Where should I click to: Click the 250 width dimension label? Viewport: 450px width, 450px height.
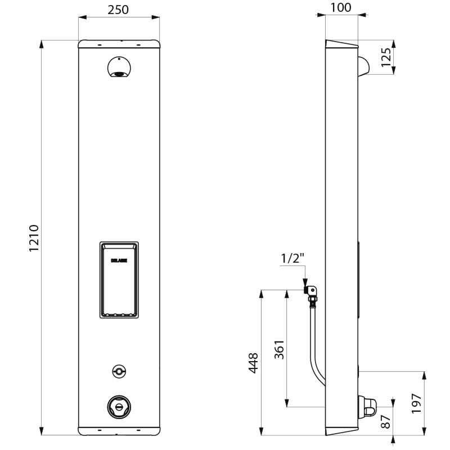pyautogui.click(x=118, y=9)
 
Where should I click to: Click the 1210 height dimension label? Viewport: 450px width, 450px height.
pyautogui.click(x=33, y=237)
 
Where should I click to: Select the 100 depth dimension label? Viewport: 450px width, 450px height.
pyautogui.click(x=341, y=7)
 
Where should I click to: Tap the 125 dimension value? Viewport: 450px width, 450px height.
pyautogui.click(x=385, y=57)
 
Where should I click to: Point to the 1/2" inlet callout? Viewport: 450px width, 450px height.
pyautogui.click(x=292, y=259)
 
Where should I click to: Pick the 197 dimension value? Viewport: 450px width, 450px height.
pyautogui.click(x=416, y=404)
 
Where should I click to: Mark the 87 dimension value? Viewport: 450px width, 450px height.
pyautogui.click(x=385, y=422)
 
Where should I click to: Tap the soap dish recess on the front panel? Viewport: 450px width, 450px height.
pyautogui.click(x=119, y=280)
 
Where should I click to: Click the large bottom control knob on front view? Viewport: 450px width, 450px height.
pyautogui.click(x=119, y=406)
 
